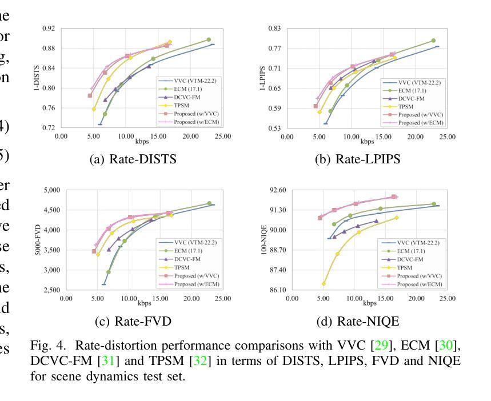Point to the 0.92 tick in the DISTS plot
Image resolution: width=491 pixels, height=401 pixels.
(x=49, y=28)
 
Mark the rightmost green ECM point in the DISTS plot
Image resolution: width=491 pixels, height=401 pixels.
(x=209, y=40)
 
